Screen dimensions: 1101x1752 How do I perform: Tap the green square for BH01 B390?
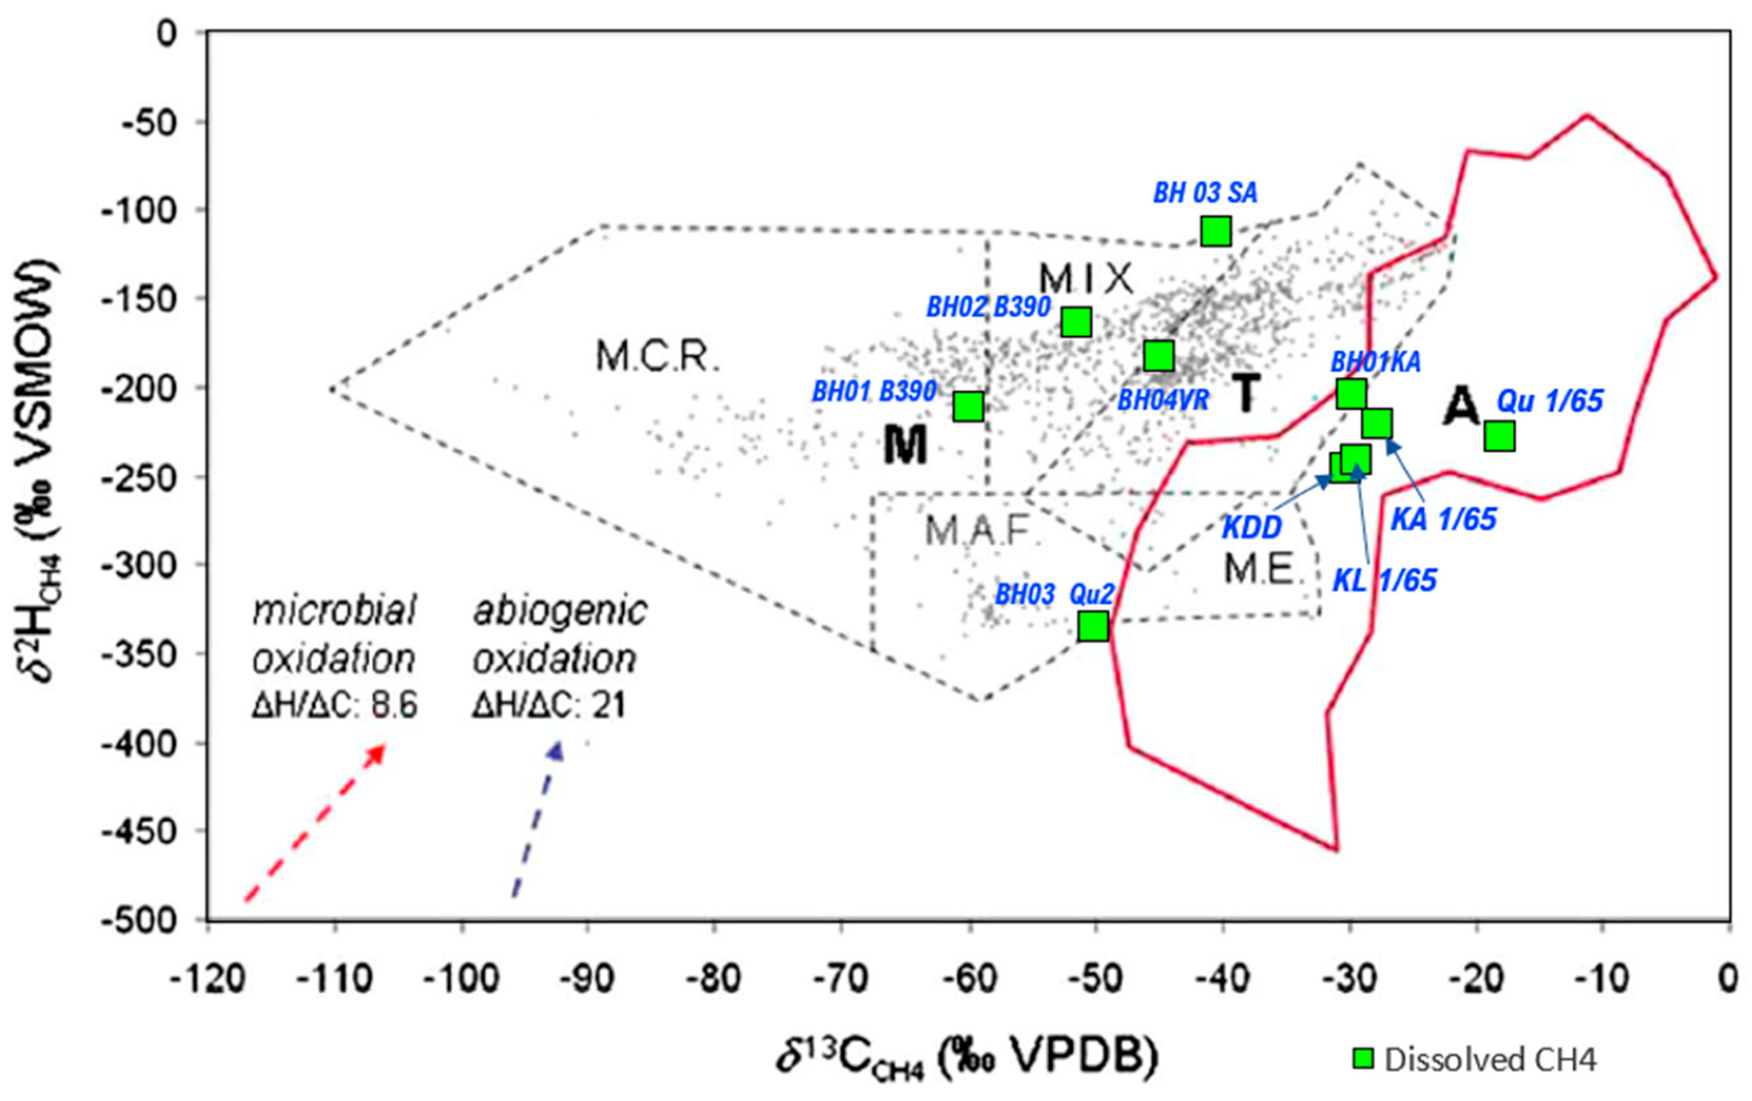(x=968, y=407)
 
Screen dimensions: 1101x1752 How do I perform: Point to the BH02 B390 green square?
(x=1076, y=321)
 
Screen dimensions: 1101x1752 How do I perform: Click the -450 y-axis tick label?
(x=140, y=832)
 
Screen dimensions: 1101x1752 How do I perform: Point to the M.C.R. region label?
(x=658, y=356)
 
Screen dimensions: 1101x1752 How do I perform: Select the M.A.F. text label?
(x=977, y=532)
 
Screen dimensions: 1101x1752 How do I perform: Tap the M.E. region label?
(x=1259, y=569)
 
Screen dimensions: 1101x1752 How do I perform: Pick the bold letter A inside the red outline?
(x=1461, y=406)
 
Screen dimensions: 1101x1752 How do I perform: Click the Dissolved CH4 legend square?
(x=1363, y=1059)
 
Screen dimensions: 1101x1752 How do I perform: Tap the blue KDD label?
(x=1251, y=528)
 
